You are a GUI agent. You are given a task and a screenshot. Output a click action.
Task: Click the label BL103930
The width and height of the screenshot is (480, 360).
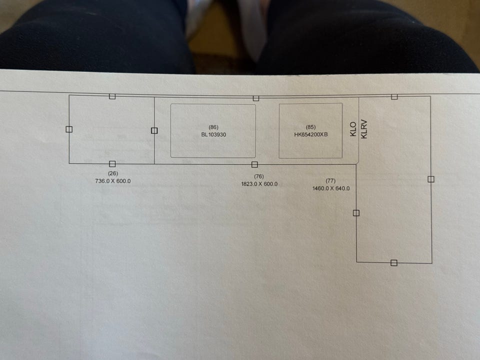click(x=213, y=134)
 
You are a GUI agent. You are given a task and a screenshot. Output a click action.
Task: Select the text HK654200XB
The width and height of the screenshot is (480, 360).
click(x=310, y=134)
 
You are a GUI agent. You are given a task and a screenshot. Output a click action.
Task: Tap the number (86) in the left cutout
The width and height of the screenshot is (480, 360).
click(x=213, y=127)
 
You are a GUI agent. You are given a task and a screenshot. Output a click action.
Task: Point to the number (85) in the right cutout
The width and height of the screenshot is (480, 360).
click(x=310, y=127)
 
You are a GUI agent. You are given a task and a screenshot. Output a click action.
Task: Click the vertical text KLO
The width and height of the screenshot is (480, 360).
click(x=353, y=129)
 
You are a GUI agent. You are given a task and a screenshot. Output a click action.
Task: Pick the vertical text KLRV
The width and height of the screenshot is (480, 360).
click(x=364, y=129)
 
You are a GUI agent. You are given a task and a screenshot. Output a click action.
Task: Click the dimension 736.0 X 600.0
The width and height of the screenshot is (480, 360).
click(x=113, y=181)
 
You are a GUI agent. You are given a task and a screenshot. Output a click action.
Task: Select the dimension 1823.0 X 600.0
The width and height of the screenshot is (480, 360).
click(x=259, y=184)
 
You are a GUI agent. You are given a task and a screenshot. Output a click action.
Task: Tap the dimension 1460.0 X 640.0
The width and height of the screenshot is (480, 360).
click(x=331, y=188)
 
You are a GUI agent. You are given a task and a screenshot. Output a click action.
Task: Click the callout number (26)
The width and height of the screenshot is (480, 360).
click(x=113, y=173)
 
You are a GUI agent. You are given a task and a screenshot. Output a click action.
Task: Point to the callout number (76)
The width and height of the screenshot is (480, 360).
click(x=258, y=176)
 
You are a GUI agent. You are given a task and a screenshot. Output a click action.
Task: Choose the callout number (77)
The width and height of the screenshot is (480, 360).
click(x=330, y=181)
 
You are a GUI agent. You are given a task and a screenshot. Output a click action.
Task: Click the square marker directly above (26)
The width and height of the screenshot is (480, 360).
click(x=112, y=164)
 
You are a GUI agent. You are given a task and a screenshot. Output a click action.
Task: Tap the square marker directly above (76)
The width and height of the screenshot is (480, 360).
click(x=254, y=164)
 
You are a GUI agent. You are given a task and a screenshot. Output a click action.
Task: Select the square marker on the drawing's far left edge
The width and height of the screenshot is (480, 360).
click(x=69, y=129)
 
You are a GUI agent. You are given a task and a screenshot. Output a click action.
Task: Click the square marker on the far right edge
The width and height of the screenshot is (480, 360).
click(x=431, y=179)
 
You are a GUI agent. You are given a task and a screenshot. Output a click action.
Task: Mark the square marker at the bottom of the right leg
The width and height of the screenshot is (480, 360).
click(x=394, y=262)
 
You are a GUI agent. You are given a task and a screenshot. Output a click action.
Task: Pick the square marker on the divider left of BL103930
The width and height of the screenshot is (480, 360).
click(x=154, y=130)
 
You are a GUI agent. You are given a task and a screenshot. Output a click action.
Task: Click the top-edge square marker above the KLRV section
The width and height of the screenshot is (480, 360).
click(x=394, y=96)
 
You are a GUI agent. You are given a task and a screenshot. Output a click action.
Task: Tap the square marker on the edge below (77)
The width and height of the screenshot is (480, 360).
click(x=356, y=213)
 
